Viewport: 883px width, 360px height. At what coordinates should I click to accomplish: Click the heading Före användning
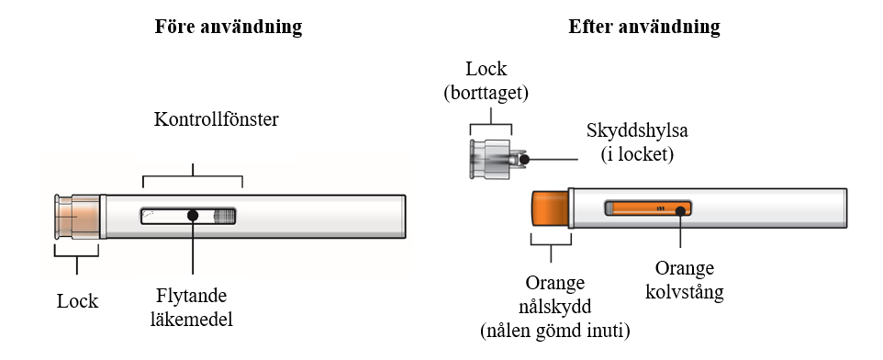pyautogui.click(x=228, y=27)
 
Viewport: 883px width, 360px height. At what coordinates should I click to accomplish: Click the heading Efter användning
pyautogui.click(x=644, y=27)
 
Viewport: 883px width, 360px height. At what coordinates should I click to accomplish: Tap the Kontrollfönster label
pyautogui.click(x=217, y=119)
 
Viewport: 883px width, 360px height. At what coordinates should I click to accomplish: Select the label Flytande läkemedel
pyautogui.click(x=192, y=308)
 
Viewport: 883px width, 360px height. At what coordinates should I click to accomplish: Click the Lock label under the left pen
pyautogui.click(x=78, y=301)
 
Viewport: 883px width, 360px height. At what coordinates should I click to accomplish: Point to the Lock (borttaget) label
pyautogui.click(x=486, y=81)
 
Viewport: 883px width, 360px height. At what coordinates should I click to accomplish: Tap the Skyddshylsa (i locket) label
pyautogui.click(x=637, y=141)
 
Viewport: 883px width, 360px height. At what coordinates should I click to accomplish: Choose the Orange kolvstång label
pyautogui.click(x=684, y=280)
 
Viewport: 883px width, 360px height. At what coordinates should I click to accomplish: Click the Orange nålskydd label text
pyautogui.click(x=555, y=306)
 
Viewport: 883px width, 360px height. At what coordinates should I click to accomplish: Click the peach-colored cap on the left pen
pyautogui.click(x=78, y=217)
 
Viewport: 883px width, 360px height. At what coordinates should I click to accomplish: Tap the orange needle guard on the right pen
pyautogui.click(x=550, y=208)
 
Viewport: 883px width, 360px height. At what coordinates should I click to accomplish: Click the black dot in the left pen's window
pyautogui.click(x=193, y=215)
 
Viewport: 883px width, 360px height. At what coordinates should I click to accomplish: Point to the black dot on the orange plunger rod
pyautogui.click(x=680, y=210)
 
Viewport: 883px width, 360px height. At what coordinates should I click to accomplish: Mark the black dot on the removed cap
pyautogui.click(x=524, y=160)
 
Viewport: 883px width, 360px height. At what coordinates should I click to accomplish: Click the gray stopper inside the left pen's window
pyautogui.click(x=224, y=216)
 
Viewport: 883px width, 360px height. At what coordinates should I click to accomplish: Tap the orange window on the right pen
pyautogui.click(x=648, y=208)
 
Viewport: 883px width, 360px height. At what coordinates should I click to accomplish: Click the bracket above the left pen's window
pyautogui.click(x=193, y=176)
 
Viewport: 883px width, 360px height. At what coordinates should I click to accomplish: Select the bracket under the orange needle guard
pyautogui.click(x=551, y=245)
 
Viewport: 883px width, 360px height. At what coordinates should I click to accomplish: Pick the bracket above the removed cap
pyautogui.click(x=491, y=123)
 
